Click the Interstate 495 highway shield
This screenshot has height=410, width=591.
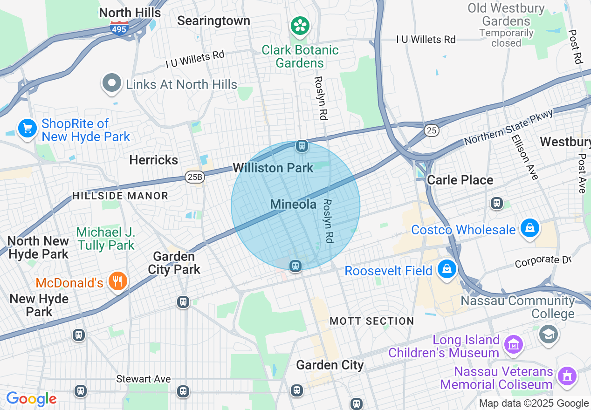[x=120, y=28]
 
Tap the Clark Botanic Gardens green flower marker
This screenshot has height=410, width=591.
[x=301, y=25]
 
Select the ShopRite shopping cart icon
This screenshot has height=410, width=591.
[x=27, y=128]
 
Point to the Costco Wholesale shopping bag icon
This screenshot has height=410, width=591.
[x=530, y=228]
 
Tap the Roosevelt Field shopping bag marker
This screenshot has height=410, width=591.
[x=447, y=269]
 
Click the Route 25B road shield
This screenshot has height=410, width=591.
[x=194, y=177]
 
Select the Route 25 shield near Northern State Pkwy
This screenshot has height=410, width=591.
[x=432, y=130]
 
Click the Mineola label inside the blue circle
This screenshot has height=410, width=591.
[x=293, y=204]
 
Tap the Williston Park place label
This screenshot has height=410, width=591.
[x=273, y=168]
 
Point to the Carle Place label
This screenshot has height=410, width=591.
[x=460, y=180]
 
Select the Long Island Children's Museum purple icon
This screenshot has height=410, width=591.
[x=514, y=344]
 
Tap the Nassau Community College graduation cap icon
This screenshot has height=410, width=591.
[x=549, y=333]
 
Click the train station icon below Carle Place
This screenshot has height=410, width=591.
[x=497, y=203]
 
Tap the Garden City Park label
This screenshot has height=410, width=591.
[x=174, y=263]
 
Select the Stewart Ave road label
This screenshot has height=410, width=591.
[x=144, y=379]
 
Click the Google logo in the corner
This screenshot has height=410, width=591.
[x=31, y=399]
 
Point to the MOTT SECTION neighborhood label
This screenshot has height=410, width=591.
[x=372, y=321]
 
